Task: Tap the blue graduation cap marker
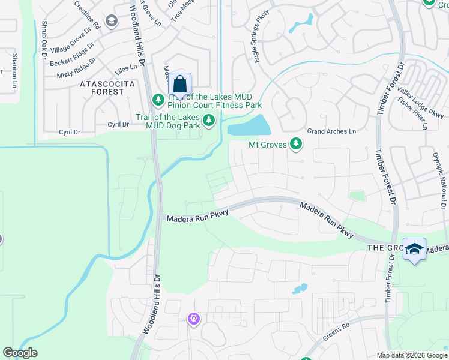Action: point(414,249)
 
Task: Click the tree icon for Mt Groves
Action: point(295,144)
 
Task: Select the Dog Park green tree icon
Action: point(209,121)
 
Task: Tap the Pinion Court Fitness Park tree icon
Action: point(158,98)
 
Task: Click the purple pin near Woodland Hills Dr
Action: point(193,319)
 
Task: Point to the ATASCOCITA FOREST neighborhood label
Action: point(107,88)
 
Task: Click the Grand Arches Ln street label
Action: point(331,131)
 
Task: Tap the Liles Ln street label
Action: point(127,70)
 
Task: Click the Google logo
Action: point(20,353)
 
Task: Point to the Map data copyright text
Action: point(411,355)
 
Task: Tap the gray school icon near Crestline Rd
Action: point(111,21)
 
